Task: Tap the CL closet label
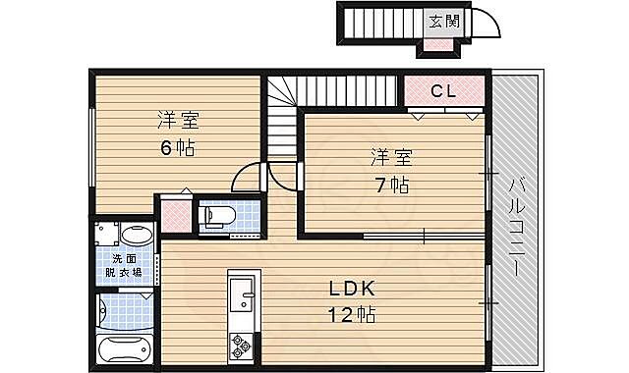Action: [443, 91]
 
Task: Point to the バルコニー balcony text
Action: [518, 226]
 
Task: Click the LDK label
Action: [350, 291]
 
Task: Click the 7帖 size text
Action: [390, 184]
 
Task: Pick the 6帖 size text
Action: [177, 147]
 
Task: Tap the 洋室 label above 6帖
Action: [178, 122]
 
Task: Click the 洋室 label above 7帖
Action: [390, 157]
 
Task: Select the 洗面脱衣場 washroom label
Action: [126, 265]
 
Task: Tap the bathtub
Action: [126, 349]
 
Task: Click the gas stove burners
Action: [240, 345]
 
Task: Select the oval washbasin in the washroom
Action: [138, 236]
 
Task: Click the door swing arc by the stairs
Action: [248, 180]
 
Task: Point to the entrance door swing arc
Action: [482, 27]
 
